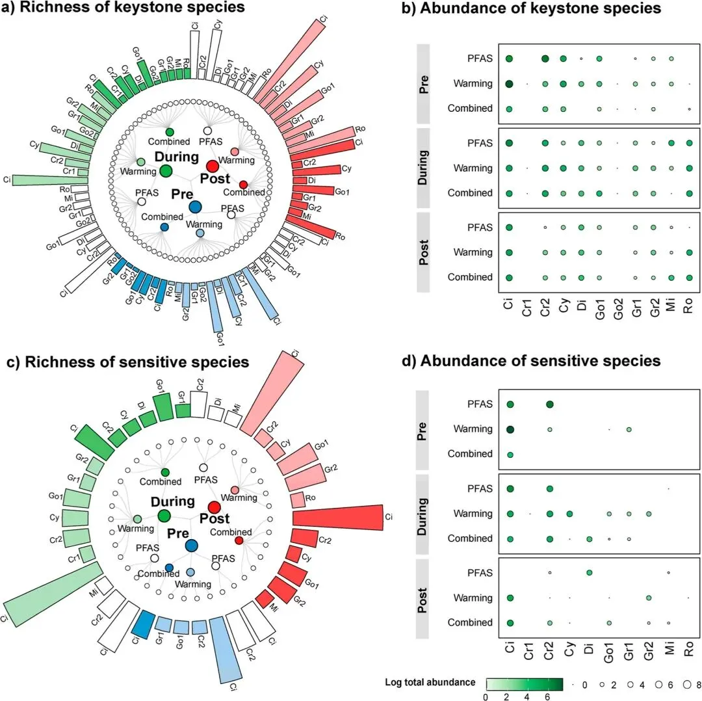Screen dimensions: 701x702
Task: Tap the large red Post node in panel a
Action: point(213,166)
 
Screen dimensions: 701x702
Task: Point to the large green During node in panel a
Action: point(166,170)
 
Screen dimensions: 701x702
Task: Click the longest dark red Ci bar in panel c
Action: point(338,518)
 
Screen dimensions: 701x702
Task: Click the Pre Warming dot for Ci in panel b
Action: point(510,83)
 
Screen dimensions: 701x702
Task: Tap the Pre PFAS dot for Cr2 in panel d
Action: point(550,404)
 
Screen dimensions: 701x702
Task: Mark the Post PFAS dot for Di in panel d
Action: point(590,572)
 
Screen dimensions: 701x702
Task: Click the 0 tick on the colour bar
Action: point(486,696)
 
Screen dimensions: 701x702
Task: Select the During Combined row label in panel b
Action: point(470,193)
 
